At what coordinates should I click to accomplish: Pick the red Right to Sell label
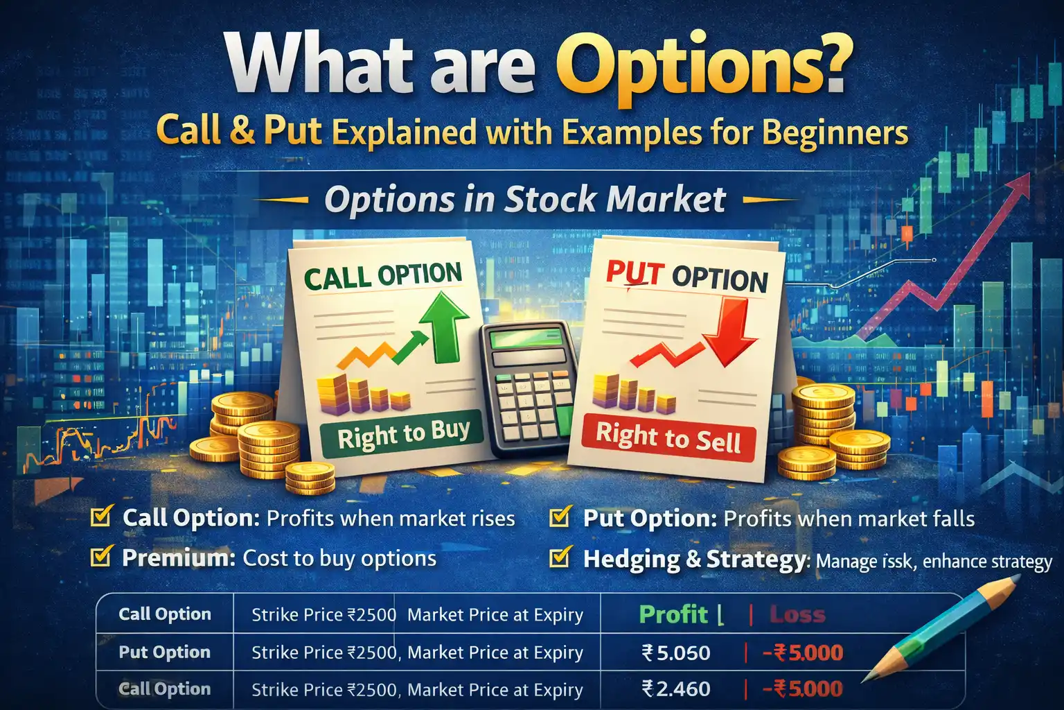(x=668, y=438)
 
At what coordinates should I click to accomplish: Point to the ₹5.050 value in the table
(x=676, y=652)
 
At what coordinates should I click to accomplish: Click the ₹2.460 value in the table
(x=676, y=689)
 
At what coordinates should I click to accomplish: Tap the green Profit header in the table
(x=673, y=614)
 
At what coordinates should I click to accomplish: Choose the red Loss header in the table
(x=797, y=615)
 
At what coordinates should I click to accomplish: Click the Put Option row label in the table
(x=164, y=652)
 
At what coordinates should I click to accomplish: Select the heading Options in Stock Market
(x=525, y=200)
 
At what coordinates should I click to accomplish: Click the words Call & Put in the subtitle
(x=239, y=130)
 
